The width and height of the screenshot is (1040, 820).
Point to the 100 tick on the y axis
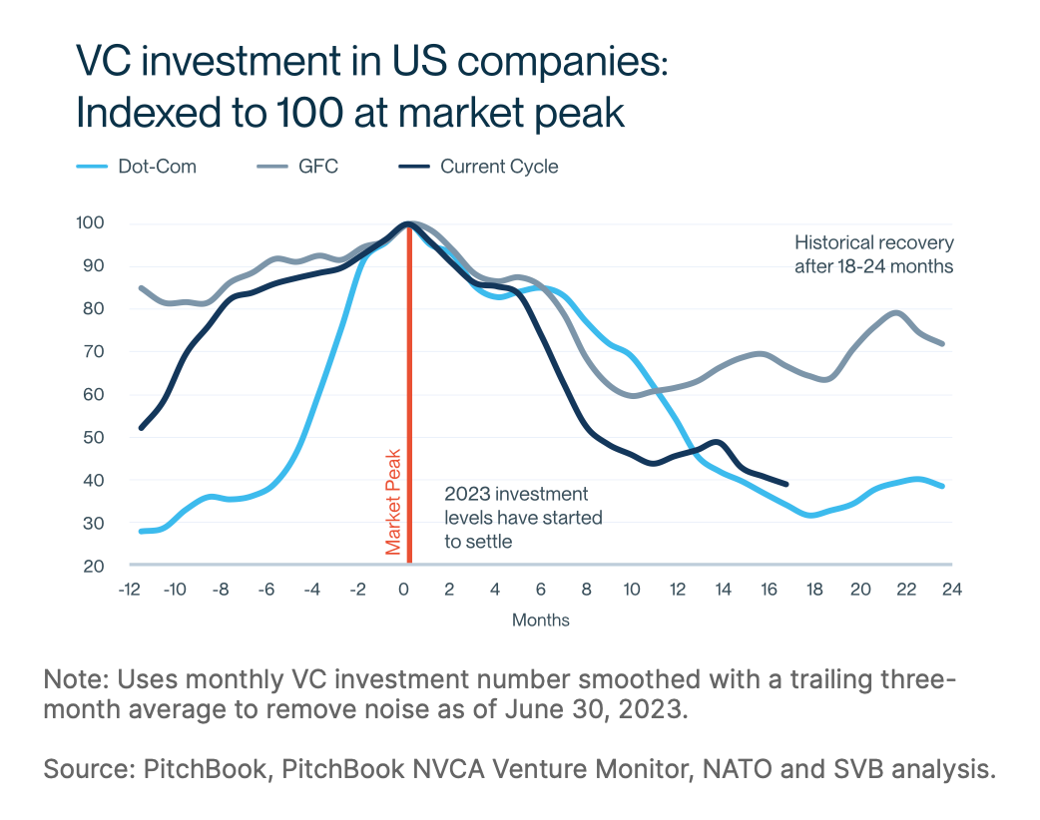[x=90, y=222]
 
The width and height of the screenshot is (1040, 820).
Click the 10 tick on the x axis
[x=632, y=589]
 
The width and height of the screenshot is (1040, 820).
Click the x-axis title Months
[x=540, y=620]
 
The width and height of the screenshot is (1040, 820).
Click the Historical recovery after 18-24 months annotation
[x=873, y=254]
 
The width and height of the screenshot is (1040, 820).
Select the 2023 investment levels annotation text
[x=522, y=518]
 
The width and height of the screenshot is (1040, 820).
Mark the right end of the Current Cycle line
[x=787, y=484]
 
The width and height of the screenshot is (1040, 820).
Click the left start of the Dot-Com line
[x=141, y=531]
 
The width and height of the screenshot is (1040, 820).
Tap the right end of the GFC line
[x=942, y=343]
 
